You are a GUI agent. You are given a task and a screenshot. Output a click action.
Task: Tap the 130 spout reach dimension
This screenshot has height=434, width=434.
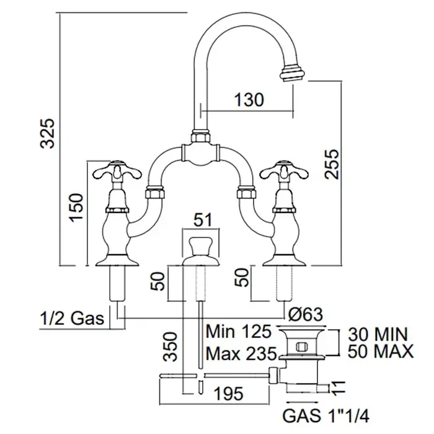[249, 99]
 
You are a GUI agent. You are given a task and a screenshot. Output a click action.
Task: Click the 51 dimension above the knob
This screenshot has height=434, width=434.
[203, 219]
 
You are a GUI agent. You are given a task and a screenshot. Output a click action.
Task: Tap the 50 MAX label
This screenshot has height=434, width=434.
[380, 352]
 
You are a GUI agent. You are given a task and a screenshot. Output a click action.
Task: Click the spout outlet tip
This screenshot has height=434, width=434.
[292, 75]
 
